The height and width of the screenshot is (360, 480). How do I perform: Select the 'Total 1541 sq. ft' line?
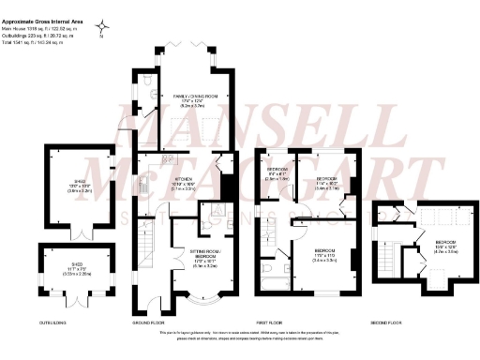click(35, 43)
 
